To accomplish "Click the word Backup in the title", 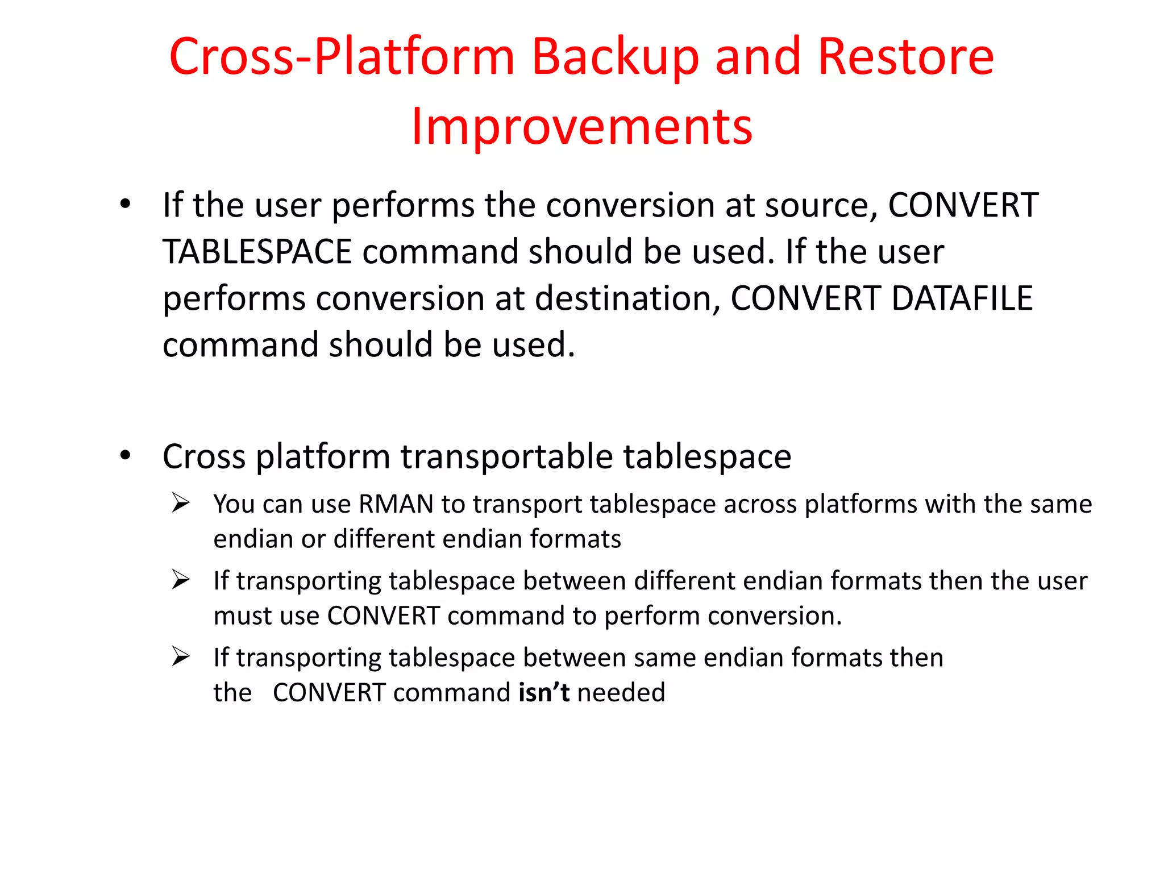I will coord(615,57).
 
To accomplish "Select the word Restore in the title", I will coord(905,57).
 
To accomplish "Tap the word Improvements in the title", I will coord(582,127).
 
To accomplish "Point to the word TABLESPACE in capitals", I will coord(257,252).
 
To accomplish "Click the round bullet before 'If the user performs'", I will coord(126,204).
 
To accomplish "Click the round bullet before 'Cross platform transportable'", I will coord(126,455).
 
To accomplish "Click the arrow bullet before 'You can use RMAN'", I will coord(181,503).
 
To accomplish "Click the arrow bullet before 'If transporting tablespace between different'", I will coord(181,580).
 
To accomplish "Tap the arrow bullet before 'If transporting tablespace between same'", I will coord(181,656).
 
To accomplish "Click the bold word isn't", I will coord(544,693).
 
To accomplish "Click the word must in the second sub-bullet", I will coord(238,616).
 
